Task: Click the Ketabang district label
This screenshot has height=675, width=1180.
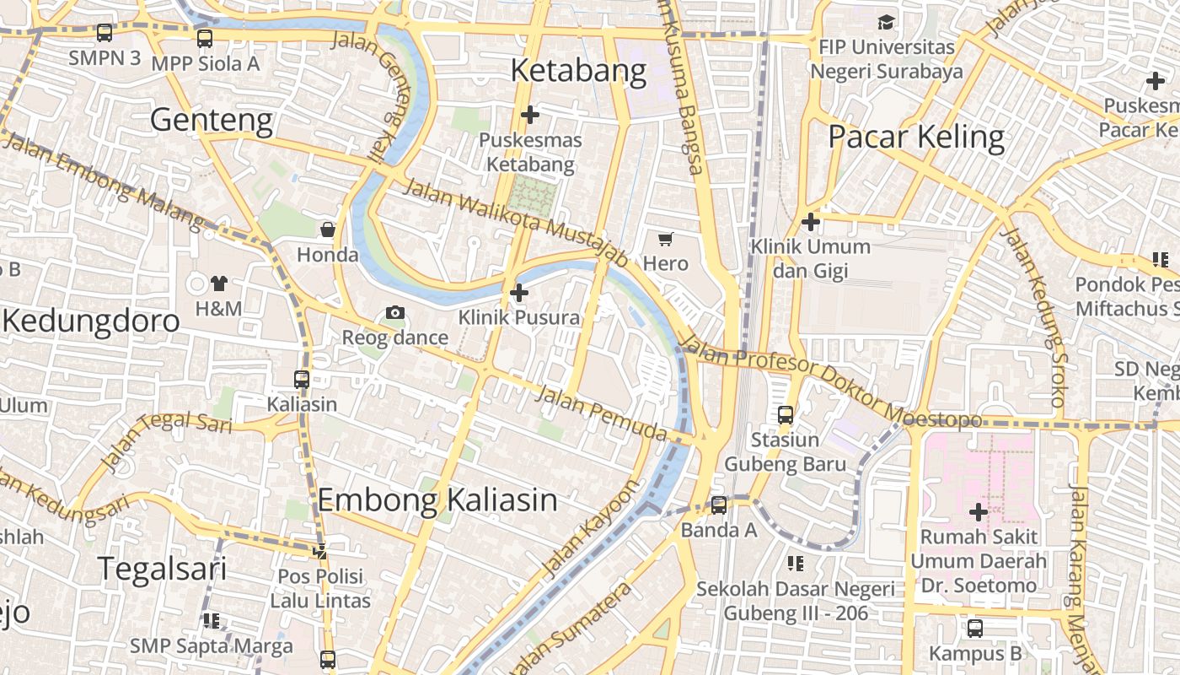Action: click(x=578, y=71)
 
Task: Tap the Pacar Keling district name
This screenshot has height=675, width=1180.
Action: click(x=916, y=137)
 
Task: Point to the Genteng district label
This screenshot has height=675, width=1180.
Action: click(x=212, y=120)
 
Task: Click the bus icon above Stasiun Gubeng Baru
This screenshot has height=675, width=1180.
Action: click(x=786, y=414)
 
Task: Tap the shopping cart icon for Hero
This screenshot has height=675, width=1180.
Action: click(x=666, y=239)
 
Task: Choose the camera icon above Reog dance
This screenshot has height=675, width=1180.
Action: click(x=394, y=313)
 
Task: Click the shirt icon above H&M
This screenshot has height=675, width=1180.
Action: click(x=219, y=283)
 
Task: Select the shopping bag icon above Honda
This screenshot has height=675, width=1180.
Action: click(x=328, y=229)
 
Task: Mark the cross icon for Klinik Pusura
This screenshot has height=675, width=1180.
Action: click(x=519, y=293)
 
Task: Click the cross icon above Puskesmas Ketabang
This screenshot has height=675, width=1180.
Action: click(x=530, y=114)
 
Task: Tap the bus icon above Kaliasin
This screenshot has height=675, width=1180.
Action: click(x=302, y=379)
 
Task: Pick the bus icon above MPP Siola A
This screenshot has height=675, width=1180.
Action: click(x=205, y=38)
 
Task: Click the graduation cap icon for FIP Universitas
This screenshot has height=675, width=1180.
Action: click(x=886, y=22)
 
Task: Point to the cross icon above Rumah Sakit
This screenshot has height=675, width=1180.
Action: click(x=978, y=511)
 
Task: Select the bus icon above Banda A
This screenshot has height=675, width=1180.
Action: click(x=719, y=505)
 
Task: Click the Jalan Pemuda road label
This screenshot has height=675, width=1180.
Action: click(x=601, y=414)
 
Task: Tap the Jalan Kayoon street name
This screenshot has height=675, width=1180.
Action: click(x=589, y=529)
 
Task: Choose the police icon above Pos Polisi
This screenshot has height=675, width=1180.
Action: click(x=320, y=552)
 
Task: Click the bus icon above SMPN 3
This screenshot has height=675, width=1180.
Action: click(x=105, y=33)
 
